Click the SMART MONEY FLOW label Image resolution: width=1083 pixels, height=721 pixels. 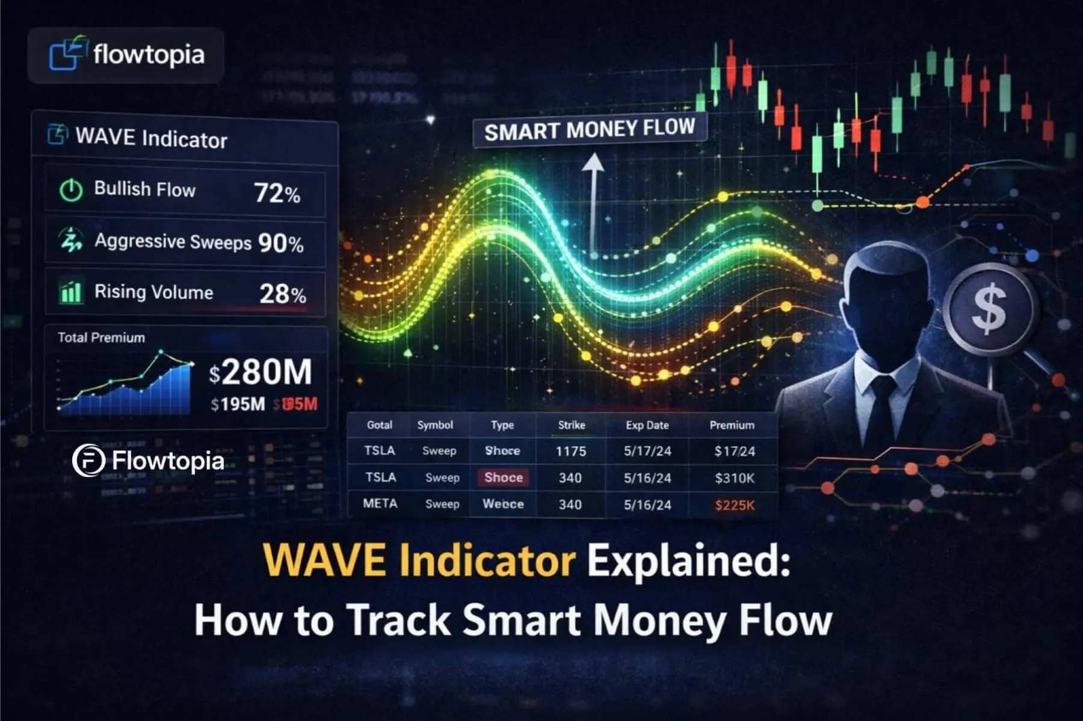point(589,129)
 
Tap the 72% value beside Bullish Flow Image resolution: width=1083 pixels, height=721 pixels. point(277,193)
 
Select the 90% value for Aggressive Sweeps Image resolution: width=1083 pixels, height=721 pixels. point(280,243)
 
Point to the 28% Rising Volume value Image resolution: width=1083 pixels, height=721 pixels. point(282,293)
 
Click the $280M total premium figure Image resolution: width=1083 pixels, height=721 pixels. point(261,372)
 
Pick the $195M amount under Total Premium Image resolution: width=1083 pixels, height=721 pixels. point(238,404)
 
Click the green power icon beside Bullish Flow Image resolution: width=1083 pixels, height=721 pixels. point(71,190)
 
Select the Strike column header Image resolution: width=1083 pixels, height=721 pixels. point(571,425)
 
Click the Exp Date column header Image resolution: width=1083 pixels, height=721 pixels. point(647,425)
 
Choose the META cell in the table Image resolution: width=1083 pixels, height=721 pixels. point(380,503)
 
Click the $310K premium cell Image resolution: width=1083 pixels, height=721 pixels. point(735,478)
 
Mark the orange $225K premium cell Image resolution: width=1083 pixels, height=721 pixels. point(735,505)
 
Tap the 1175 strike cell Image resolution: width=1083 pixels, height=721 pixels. point(570,451)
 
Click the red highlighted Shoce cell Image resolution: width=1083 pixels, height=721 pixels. point(504,477)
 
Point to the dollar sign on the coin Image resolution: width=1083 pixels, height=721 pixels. point(989,309)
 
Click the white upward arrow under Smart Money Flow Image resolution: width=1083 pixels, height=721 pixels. point(593,198)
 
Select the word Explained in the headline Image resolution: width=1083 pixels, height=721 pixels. point(688,560)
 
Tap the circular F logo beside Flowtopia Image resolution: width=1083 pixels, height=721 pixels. point(88,461)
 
